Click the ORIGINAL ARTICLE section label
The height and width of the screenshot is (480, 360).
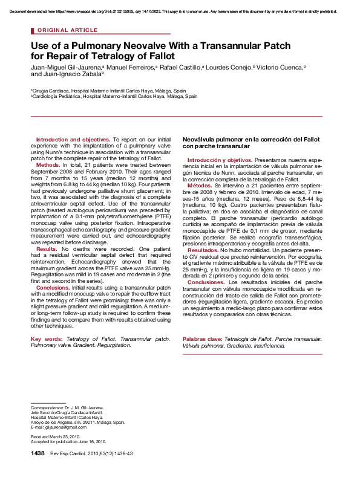[x=67, y=30]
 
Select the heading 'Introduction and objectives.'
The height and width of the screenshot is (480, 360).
[x=73, y=140]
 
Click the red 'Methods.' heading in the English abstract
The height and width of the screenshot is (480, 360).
[x=48, y=164]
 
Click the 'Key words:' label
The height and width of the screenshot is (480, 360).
[x=47, y=339]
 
